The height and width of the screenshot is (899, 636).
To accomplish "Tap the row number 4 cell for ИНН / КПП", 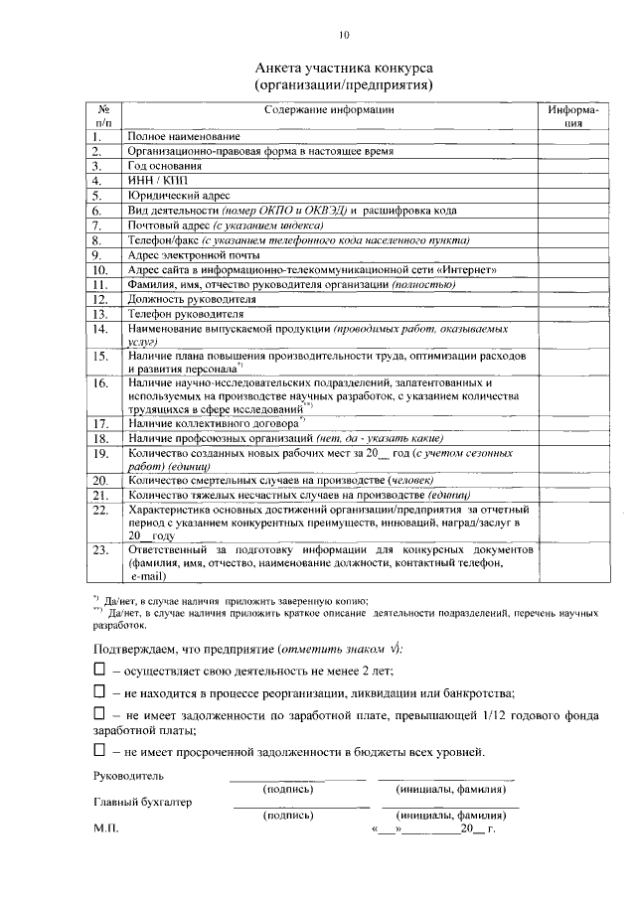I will coord(98,182).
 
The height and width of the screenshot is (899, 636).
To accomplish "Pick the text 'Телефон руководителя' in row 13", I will coord(187,314).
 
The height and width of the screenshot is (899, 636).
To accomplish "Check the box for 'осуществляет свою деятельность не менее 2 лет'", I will coord(99,671).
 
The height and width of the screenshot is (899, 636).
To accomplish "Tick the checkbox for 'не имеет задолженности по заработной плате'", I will coord(99,713).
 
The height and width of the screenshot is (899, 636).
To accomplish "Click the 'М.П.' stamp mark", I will coord(105,827).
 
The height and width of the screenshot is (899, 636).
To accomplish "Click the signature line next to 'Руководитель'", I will coord(289,779).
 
